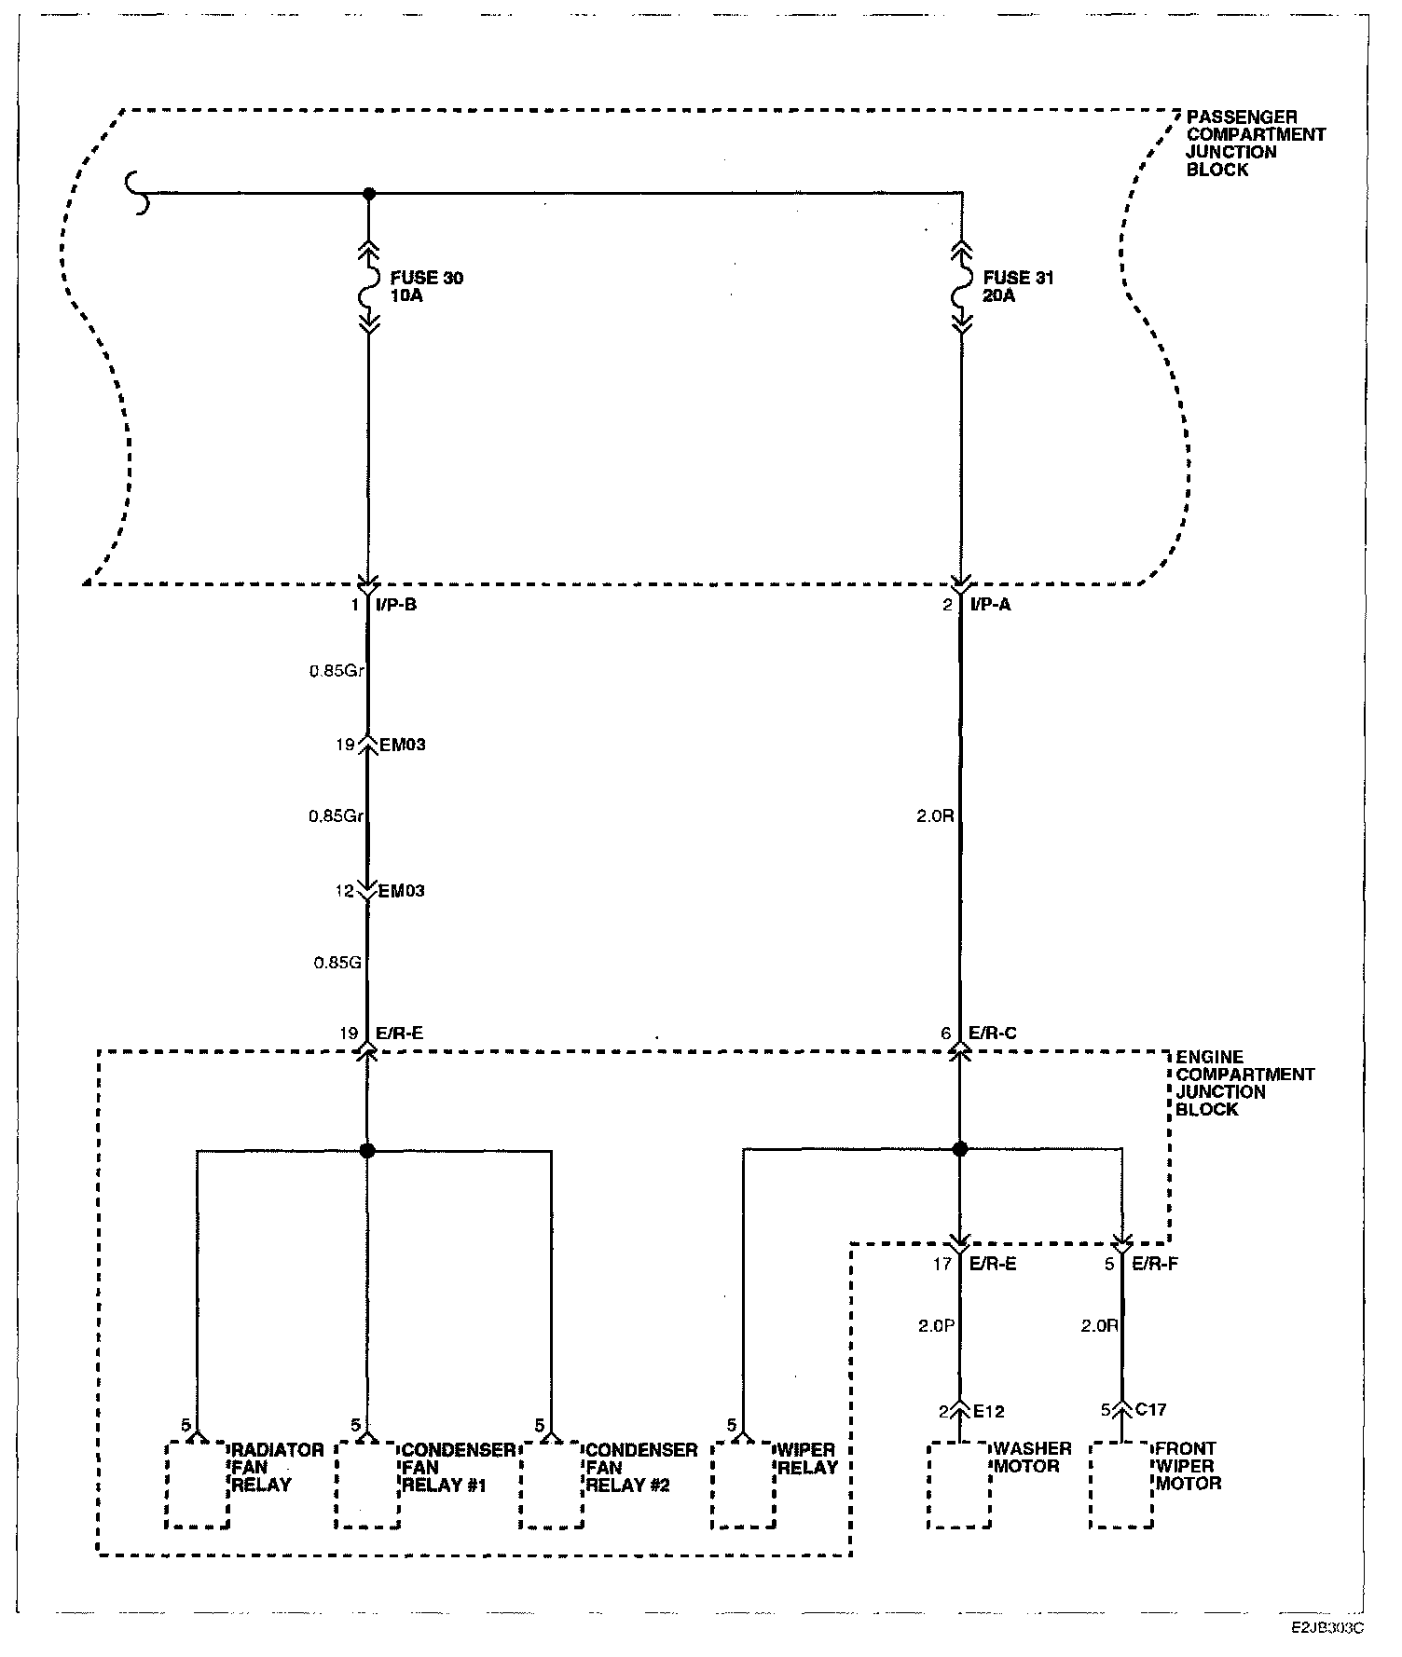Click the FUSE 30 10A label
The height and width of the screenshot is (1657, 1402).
427,287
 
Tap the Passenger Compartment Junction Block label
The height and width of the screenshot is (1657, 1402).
1256,144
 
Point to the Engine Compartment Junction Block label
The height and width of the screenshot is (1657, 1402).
1244,1083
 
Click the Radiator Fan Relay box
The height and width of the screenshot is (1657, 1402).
198,1486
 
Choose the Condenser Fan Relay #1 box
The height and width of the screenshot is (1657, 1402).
368,1486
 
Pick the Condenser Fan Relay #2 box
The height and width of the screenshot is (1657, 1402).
552,1486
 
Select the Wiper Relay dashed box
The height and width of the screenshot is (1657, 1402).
744,1486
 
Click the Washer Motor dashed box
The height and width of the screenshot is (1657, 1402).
959,1486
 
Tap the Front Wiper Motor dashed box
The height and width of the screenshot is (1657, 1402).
1121,1486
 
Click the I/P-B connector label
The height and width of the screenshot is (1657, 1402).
397,605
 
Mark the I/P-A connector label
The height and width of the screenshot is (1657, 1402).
990,605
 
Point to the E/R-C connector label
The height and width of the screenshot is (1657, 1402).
992,1033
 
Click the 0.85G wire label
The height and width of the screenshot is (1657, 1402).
337,963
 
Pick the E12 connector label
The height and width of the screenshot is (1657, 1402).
988,1411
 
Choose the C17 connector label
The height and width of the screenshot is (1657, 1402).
1150,1410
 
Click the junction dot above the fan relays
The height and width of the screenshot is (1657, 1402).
367,1151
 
